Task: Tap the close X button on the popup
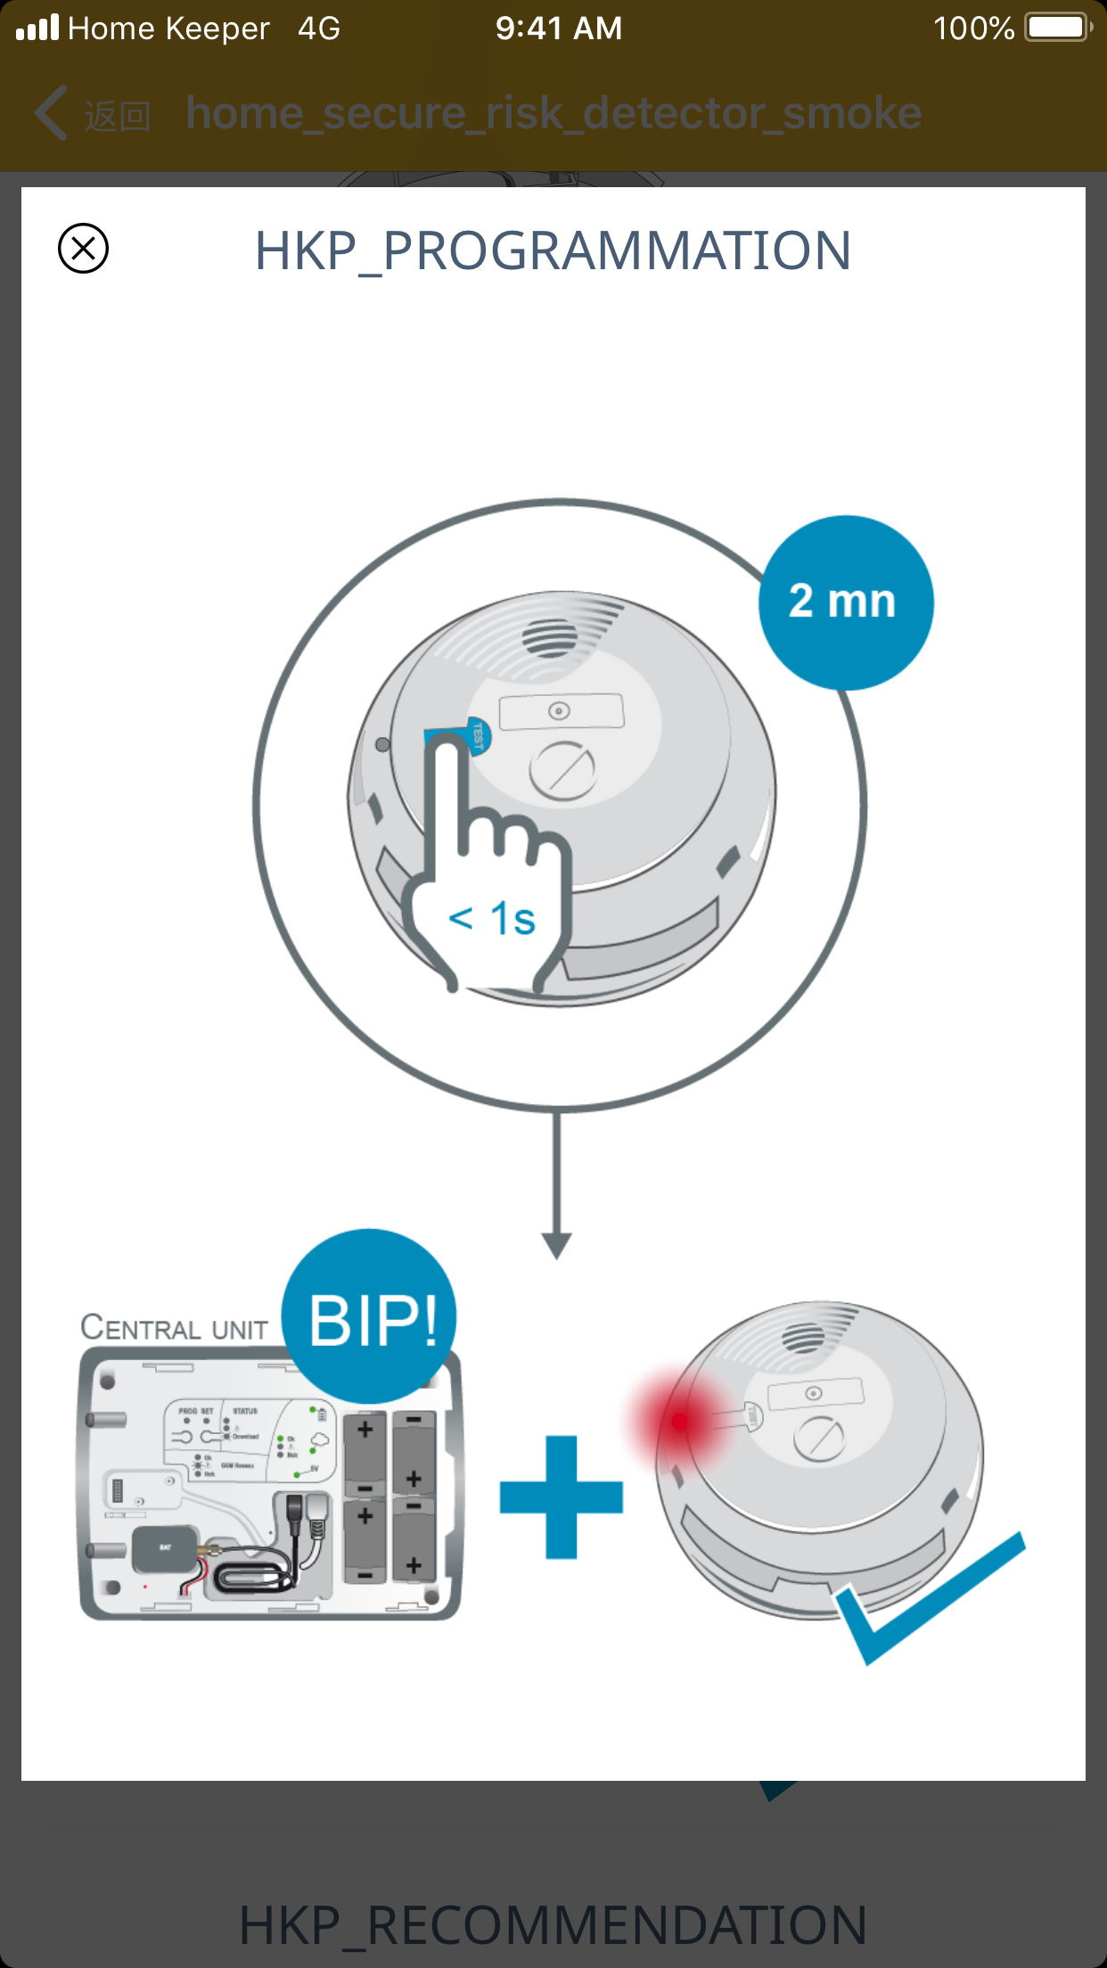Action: pyautogui.click(x=83, y=249)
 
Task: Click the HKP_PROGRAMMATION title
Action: pyautogui.click(x=553, y=250)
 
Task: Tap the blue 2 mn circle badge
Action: pyautogui.click(x=845, y=603)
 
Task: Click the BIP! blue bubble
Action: pyautogui.click(x=371, y=1318)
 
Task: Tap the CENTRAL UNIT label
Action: pyautogui.click(x=175, y=1328)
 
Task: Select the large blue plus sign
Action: pyautogui.click(x=562, y=1497)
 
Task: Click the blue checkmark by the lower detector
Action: pyautogui.click(x=927, y=1595)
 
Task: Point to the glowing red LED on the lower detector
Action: pyautogui.click(x=680, y=1421)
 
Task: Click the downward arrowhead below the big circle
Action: pyautogui.click(x=557, y=1244)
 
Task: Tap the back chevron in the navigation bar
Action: pyautogui.click(x=52, y=113)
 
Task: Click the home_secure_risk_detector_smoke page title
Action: pyautogui.click(x=553, y=113)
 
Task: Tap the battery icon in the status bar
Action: pyautogui.click(x=1057, y=28)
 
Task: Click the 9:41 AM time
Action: pyautogui.click(x=559, y=29)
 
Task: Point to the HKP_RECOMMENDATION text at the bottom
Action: pyautogui.click(x=553, y=1925)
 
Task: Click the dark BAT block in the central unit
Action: pyautogui.click(x=165, y=1548)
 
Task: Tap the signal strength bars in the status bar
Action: pyautogui.click(x=37, y=28)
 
